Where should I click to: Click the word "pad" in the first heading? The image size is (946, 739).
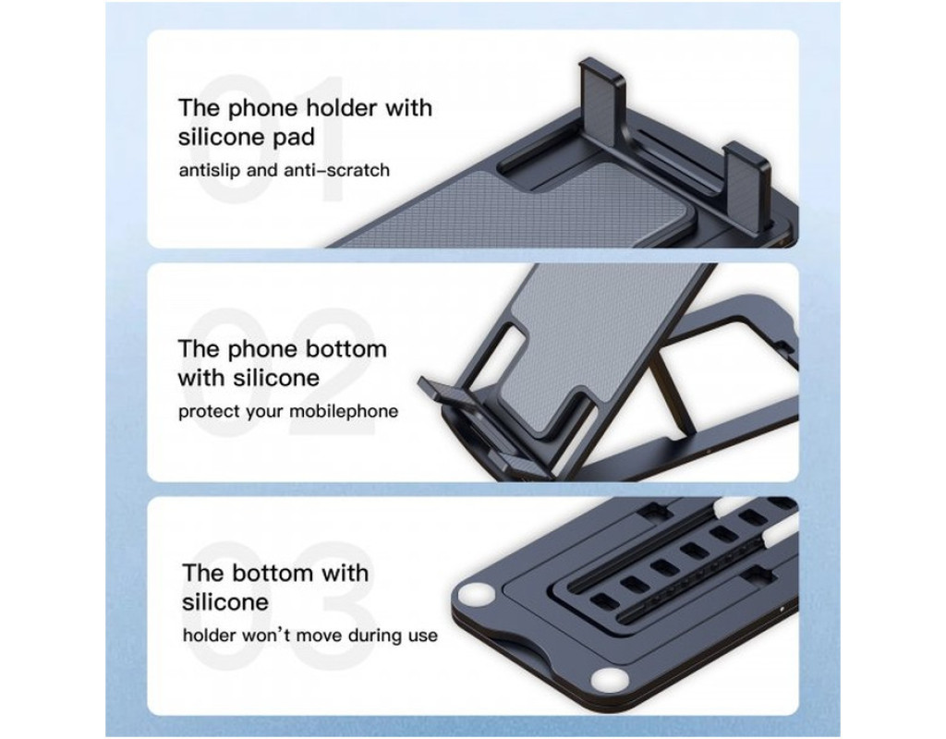coord(294,139)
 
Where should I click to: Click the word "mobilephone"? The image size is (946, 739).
coord(344,411)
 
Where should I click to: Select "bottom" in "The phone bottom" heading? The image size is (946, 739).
coord(346,349)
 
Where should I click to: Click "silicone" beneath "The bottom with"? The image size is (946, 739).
coord(225,602)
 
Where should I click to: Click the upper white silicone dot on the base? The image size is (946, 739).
coord(476,597)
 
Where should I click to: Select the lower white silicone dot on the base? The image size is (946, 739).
coord(610,681)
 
